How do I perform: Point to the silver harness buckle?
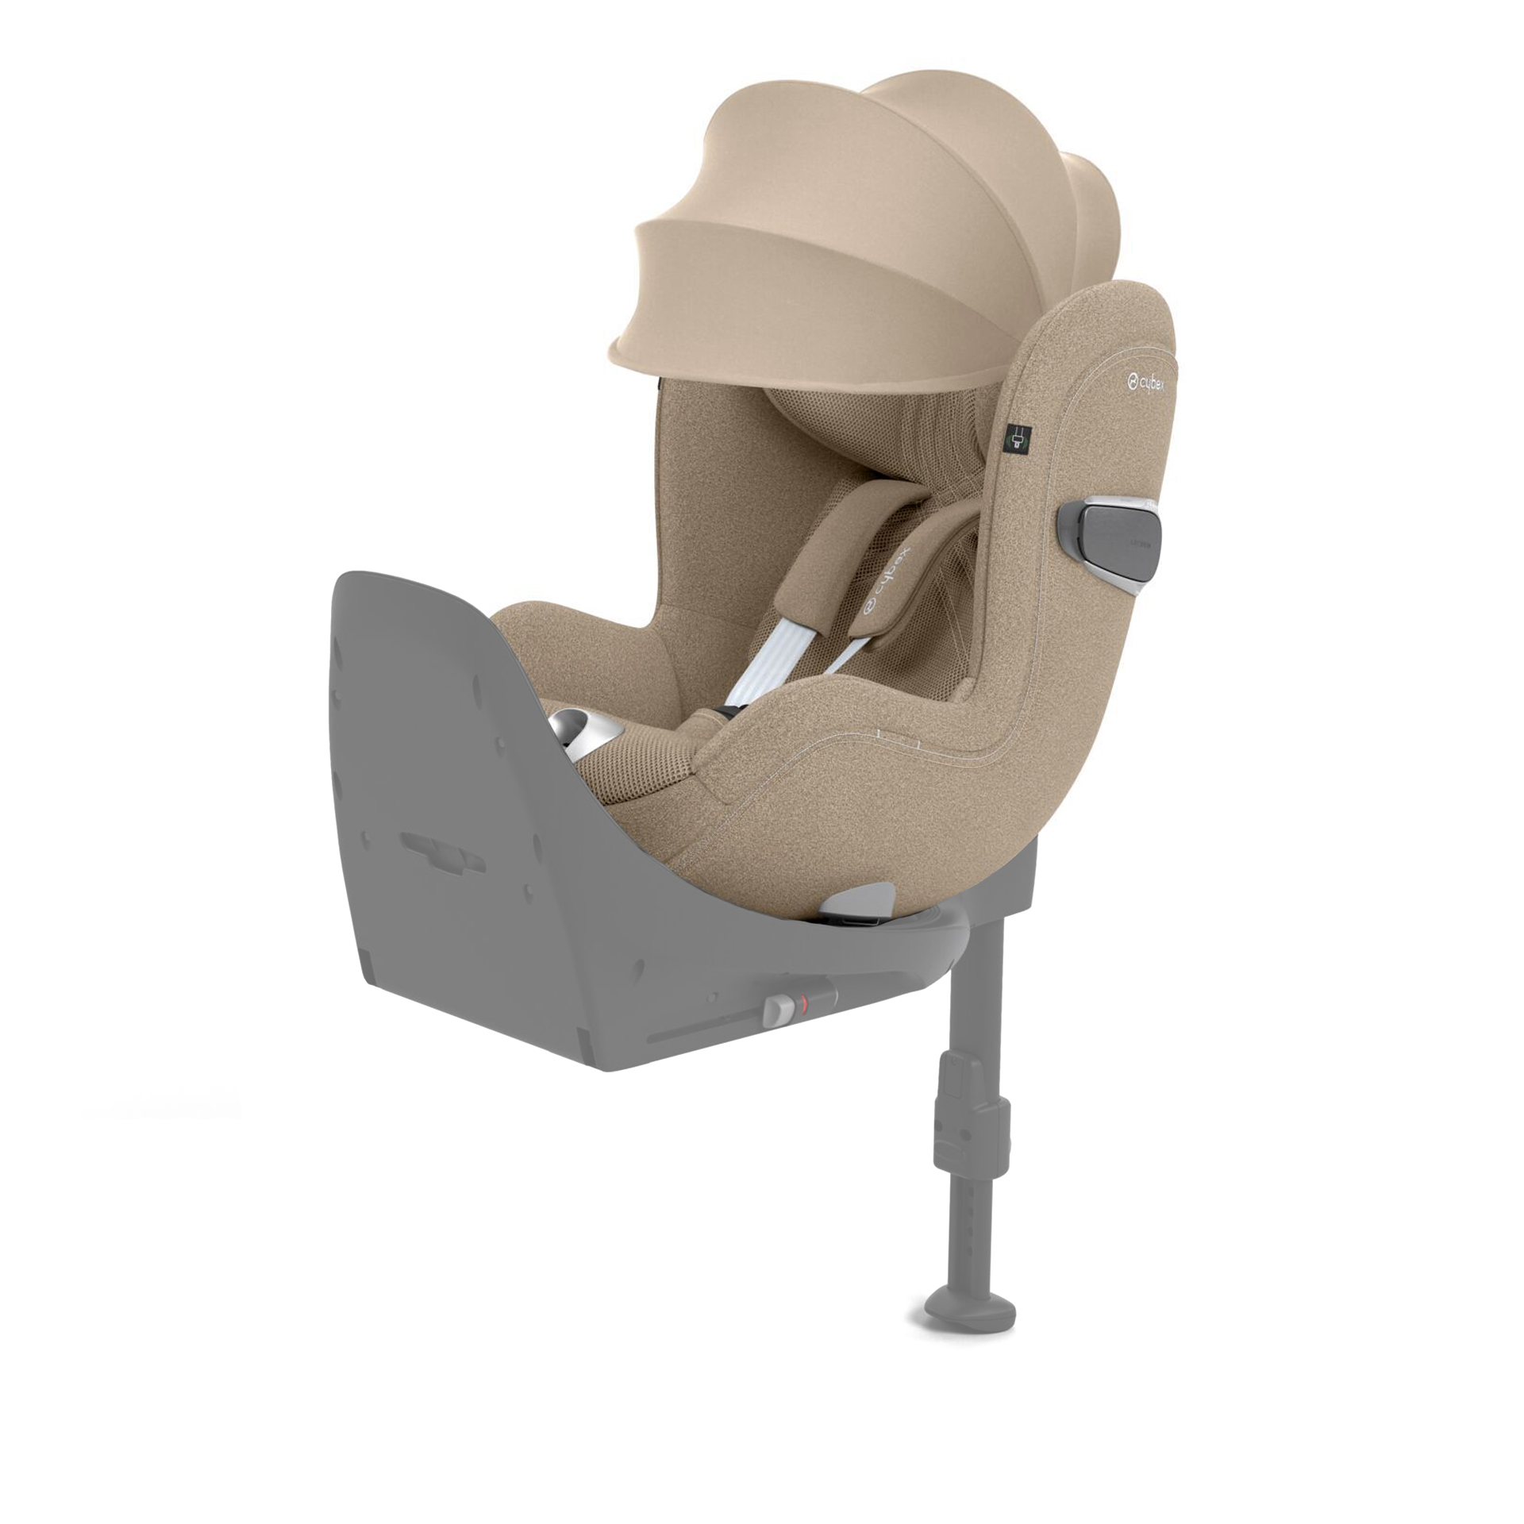click(x=576, y=729)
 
